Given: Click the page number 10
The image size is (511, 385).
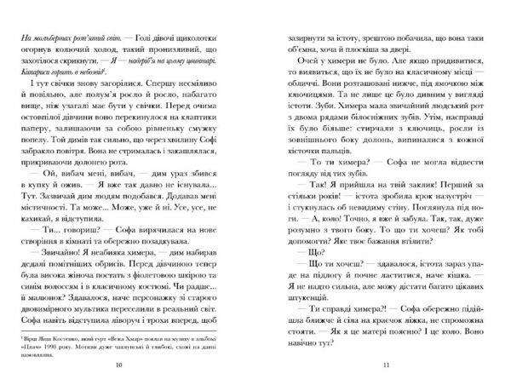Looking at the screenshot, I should [x=128, y=367].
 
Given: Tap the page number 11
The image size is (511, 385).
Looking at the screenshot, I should [x=385, y=367].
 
